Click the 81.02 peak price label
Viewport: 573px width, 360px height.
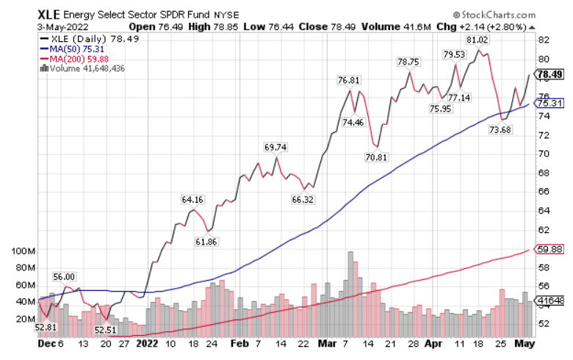click(477, 40)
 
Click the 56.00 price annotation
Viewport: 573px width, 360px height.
click(64, 276)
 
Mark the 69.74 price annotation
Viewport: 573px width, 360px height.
click(275, 147)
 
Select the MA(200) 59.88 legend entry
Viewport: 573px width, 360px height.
click(73, 59)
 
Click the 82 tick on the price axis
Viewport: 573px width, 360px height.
click(544, 40)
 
